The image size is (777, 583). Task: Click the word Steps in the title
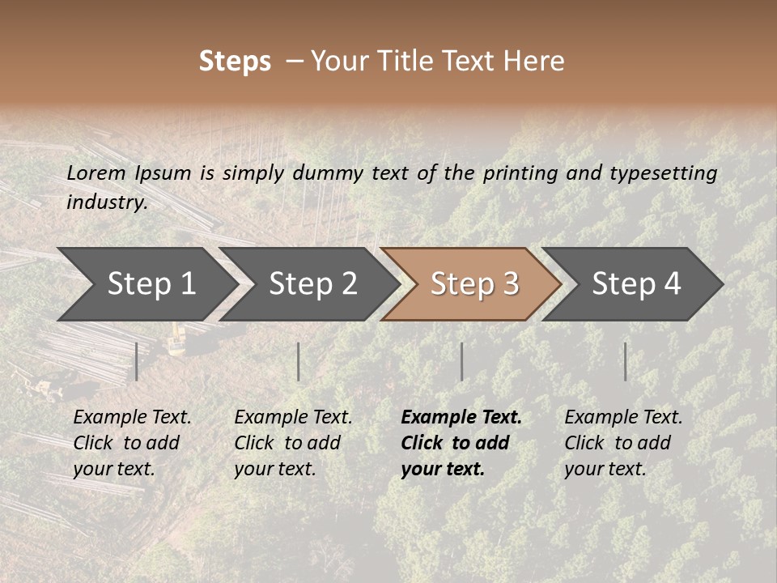coord(235,62)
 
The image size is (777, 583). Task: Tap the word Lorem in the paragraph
coord(96,172)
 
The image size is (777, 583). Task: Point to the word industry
coord(107,202)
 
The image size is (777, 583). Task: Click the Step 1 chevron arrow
coord(146,283)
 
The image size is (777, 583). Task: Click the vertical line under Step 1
coord(137,361)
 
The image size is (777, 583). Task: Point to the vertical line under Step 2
coord(299,361)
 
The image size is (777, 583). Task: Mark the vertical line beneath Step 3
coord(461,361)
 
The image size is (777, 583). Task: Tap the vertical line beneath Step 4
coord(625,361)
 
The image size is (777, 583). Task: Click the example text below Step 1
coord(132,443)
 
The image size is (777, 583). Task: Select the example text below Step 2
coord(293,443)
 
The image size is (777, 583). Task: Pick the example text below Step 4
coord(623,443)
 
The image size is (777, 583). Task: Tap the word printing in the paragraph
coord(522,173)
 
